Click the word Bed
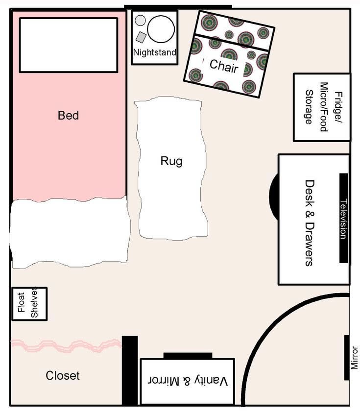[68, 116]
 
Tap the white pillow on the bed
[69, 45]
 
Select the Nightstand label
[155, 52]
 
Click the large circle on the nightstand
[161, 29]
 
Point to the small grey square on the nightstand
[141, 37]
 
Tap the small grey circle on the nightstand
[140, 21]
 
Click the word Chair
[224, 66]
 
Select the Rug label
[171, 161]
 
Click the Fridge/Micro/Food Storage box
[322, 107]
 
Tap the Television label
[343, 219]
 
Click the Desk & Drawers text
[310, 223]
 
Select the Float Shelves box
[29, 304]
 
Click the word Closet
[63, 375]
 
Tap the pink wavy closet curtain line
[66, 345]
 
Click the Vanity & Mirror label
[188, 381]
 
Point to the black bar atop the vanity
[188, 356]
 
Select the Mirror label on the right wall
[355, 358]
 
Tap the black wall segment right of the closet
[130, 370]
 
